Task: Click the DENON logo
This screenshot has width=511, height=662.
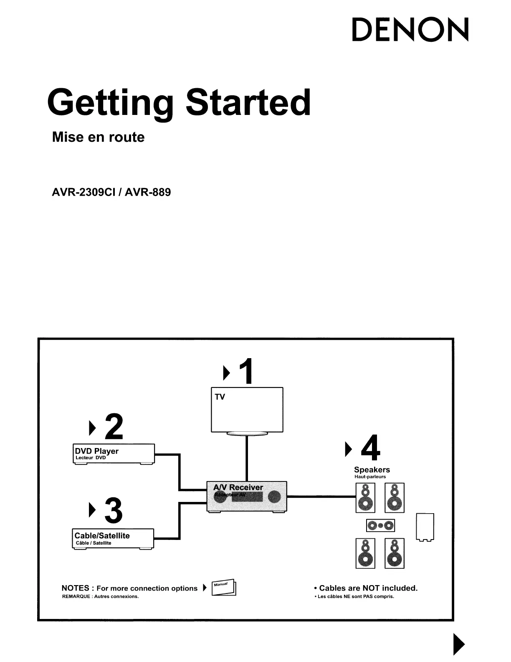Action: point(410,30)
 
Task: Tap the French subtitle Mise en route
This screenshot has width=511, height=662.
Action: point(98,137)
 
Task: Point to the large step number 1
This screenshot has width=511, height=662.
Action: point(245,371)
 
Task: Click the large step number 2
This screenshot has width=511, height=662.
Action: point(114,427)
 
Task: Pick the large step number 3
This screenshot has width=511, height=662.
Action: point(114,510)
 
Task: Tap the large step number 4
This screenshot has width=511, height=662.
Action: point(370,448)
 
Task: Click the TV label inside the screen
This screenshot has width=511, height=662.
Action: point(220,397)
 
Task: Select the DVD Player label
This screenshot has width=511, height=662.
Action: point(96,451)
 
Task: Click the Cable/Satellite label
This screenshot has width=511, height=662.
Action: point(102,535)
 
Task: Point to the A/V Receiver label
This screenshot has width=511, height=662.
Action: point(238,487)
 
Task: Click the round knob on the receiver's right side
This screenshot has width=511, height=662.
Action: point(274,496)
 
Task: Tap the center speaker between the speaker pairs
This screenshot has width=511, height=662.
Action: point(380,525)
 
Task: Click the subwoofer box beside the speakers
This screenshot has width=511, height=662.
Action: point(425,527)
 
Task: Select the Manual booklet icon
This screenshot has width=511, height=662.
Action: point(224,587)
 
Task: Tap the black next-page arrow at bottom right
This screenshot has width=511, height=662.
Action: point(458,644)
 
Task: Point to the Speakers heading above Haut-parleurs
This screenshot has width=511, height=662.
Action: point(372,470)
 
